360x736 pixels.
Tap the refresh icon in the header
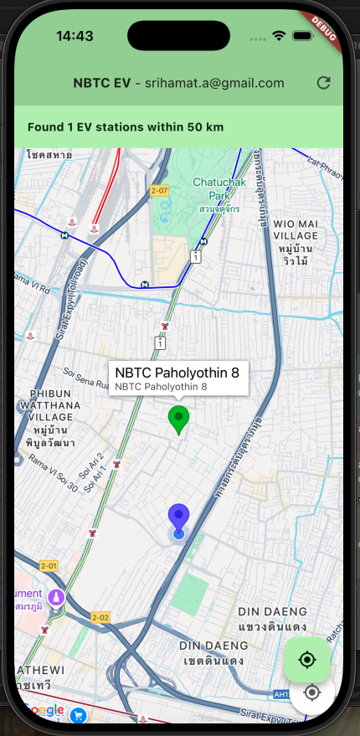tap(323, 83)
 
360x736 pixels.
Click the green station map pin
tap(178, 419)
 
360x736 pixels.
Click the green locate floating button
tap(307, 660)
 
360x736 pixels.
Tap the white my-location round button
tap(313, 692)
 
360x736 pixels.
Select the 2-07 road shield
tap(159, 191)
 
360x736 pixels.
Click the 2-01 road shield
tap(48, 566)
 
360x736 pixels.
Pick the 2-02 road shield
tap(100, 618)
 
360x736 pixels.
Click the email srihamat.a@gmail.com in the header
tap(215, 83)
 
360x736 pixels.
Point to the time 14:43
tap(75, 36)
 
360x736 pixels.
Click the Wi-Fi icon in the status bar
tap(280, 36)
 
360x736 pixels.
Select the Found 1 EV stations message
tap(126, 127)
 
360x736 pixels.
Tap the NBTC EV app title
tap(101, 83)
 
